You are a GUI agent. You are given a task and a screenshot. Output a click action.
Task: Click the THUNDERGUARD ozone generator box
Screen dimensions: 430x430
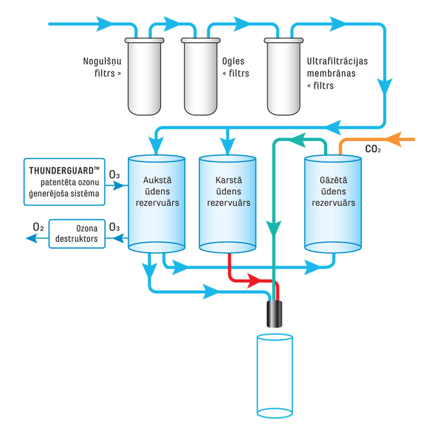[x=64, y=182]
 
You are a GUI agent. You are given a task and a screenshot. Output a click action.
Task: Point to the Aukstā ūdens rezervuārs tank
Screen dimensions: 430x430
[x=157, y=203]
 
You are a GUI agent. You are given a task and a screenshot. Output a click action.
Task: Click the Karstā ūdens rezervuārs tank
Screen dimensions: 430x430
[x=227, y=203]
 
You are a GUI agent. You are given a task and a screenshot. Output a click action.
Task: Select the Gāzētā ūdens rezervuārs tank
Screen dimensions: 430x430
[x=333, y=203]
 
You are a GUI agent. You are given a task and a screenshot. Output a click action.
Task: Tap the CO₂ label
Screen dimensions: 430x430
[x=373, y=149]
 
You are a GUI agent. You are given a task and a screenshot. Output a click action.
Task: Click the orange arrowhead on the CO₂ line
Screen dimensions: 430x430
[x=394, y=140]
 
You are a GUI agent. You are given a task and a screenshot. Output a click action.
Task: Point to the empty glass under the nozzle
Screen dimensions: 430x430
[x=274, y=375]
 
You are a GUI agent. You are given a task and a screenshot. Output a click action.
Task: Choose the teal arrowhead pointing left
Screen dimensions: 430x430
[x=299, y=140]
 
